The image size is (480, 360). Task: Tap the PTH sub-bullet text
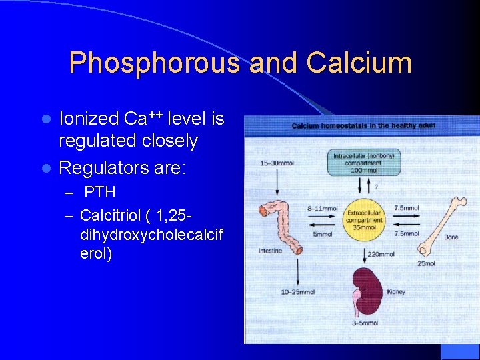pos(100,192)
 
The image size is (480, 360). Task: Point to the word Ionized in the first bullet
pos(89,119)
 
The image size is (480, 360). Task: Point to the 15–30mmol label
pos(277,163)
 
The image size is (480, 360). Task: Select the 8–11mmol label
pos(323,209)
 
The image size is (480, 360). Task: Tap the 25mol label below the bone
pos(427,263)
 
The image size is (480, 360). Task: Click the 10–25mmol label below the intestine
pos(297,292)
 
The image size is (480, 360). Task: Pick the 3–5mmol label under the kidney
pos(365,323)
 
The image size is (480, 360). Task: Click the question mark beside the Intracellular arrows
pos(377,187)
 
